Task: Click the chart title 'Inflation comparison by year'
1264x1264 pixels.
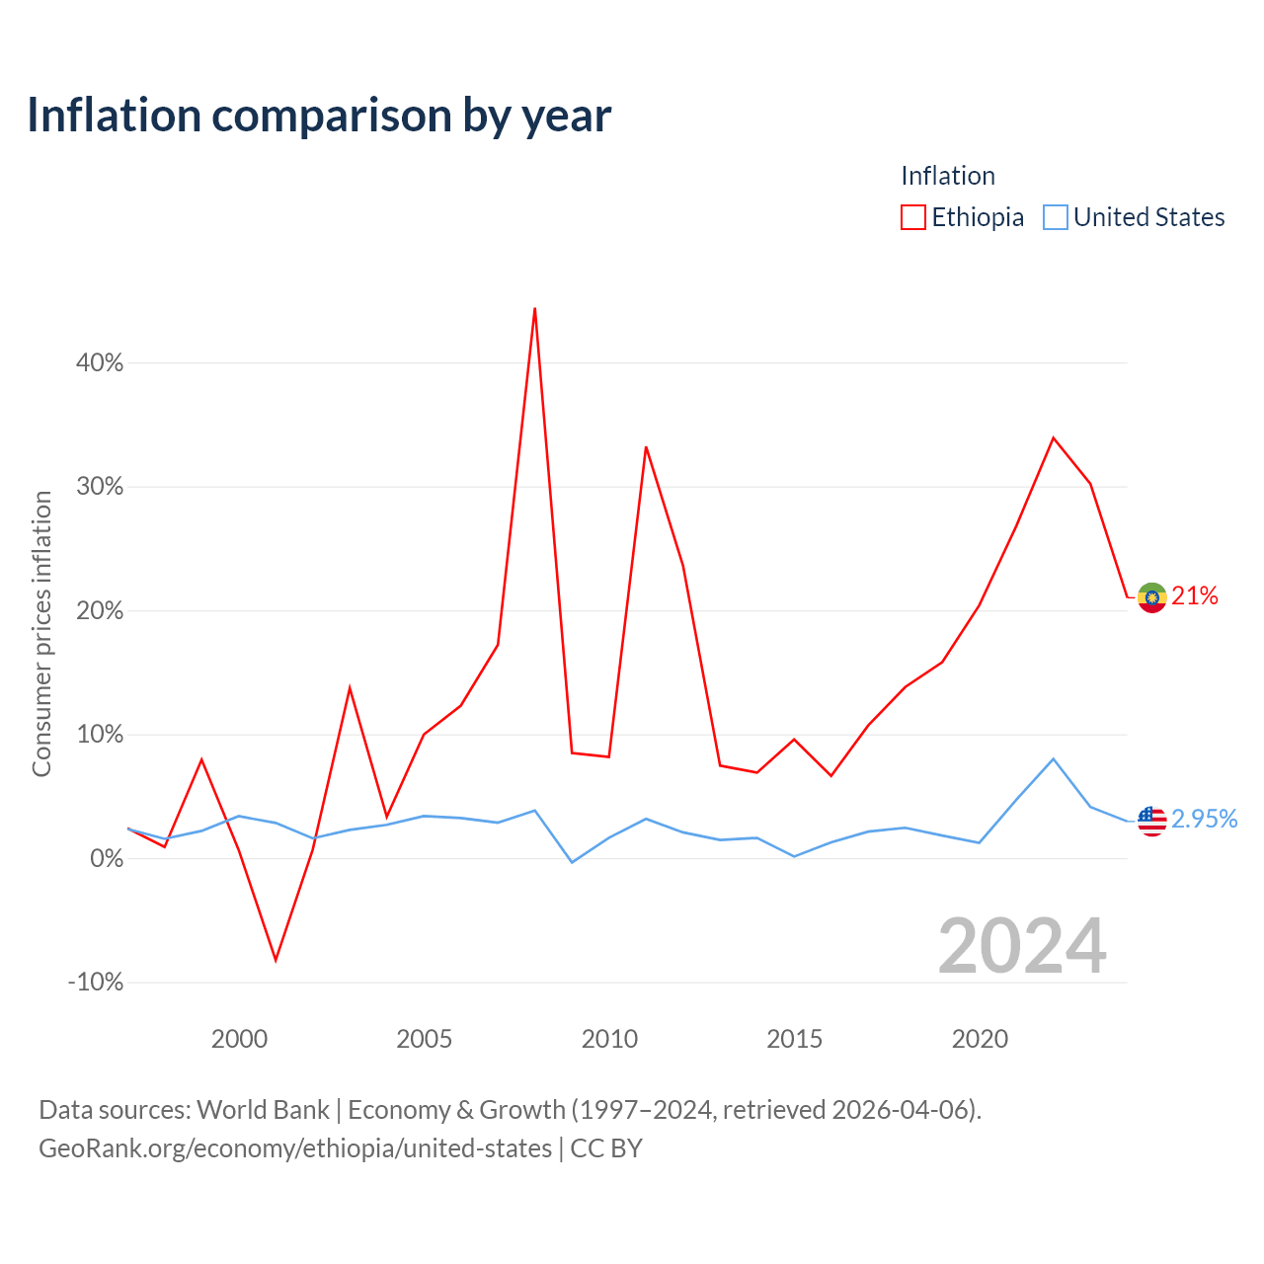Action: click(x=319, y=116)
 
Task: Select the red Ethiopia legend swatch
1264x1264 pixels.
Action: click(x=912, y=217)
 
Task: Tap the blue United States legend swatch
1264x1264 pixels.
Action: click(x=1055, y=217)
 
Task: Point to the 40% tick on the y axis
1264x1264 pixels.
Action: click(x=100, y=362)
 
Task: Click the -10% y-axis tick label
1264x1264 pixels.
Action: click(x=96, y=983)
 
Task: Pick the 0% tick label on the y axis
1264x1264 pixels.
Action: click(x=107, y=858)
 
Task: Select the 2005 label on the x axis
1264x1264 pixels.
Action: click(x=425, y=1039)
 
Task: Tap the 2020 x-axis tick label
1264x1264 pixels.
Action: click(x=980, y=1039)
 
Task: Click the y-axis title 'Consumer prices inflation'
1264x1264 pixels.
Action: click(x=41, y=634)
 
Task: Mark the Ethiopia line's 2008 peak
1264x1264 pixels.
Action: click(x=534, y=308)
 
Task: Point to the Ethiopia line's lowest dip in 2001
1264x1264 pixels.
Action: click(x=276, y=960)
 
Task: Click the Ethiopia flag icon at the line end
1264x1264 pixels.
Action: click(x=1151, y=597)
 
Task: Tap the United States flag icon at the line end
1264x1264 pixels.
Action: click(x=1151, y=822)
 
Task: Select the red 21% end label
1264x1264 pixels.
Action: click(x=1195, y=595)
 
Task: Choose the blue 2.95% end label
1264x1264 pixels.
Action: click(x=1205, y=819)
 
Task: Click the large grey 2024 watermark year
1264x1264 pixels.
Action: click(x=1023, y=947)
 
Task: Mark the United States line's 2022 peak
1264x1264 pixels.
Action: click(x=1054, y=759)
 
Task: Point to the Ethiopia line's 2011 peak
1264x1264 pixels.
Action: click(x=646, y=447)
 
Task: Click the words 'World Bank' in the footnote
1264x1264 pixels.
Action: click(x=263, y=1110)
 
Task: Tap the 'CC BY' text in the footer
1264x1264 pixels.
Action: click(x=606, y=1148)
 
